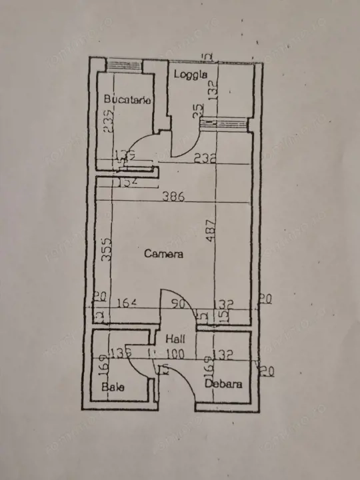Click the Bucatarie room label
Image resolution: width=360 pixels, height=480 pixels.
127,99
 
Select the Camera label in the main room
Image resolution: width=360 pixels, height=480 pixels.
163,253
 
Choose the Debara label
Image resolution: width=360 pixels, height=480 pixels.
223,384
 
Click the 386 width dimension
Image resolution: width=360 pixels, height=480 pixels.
173,197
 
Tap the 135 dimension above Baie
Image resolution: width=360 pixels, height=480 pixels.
121,353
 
